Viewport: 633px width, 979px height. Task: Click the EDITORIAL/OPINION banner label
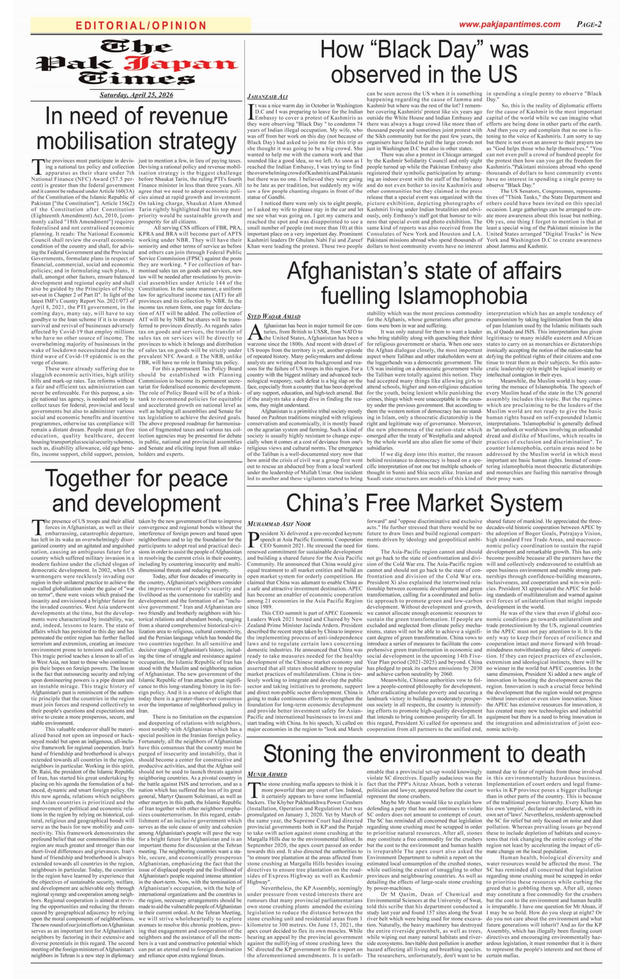tap(141, 26)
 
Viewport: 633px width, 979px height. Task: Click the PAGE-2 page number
tap(589, 24)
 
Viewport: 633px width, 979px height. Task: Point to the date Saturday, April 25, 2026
tap(137, 95)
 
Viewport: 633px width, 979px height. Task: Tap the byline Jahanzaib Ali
tap(267, 97)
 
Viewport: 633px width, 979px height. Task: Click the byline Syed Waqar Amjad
tap(274, 316)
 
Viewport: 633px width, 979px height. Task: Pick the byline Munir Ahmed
tap(267, 774)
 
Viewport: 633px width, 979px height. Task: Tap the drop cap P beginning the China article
tap(252, 538)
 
